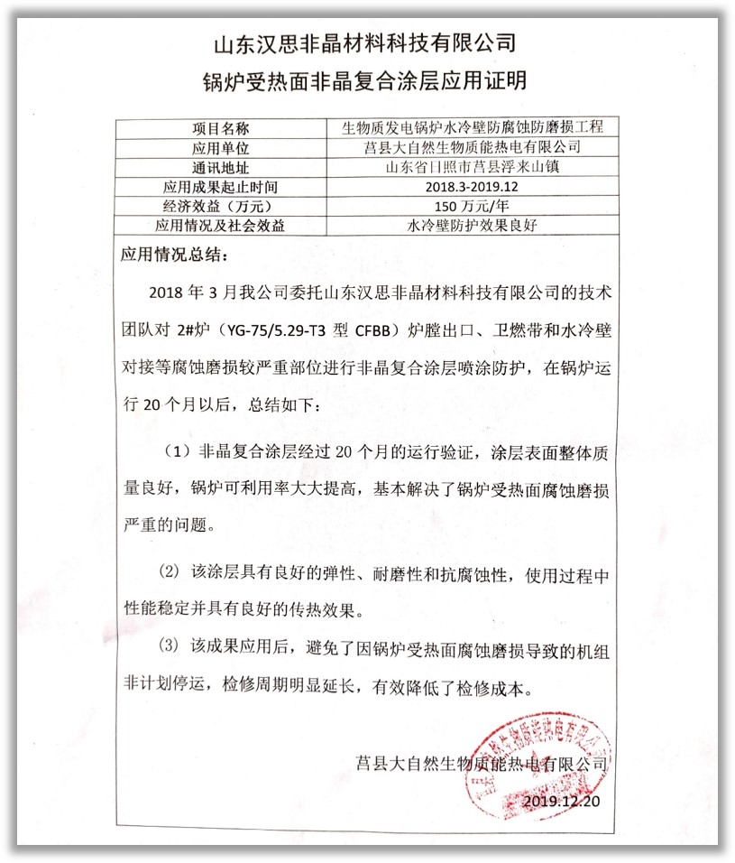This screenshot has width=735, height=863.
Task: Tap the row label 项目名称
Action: pos(220,128)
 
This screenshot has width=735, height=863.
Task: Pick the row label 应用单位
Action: pos(220,148)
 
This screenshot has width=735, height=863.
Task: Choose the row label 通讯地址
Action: pos(220,168)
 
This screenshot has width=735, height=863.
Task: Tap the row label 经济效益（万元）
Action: pos(220,207)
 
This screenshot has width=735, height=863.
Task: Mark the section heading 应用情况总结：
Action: pos(175,254)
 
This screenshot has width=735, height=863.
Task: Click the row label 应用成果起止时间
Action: pos(220,188)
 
